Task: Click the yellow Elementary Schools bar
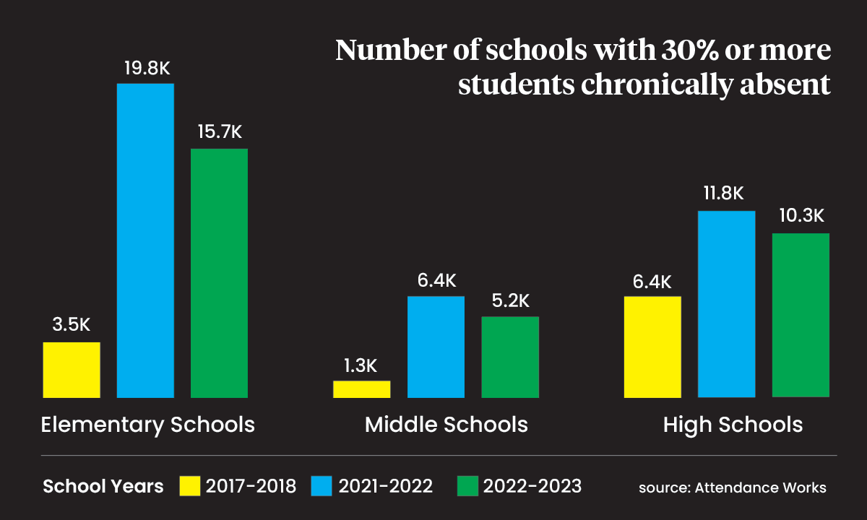point(72,370)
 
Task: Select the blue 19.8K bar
point(145,240)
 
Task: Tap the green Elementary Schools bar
point(219,273)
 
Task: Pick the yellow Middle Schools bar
point(362,389)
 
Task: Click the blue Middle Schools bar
point(436,347)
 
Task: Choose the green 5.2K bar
point(510,357)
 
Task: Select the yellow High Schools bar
point(652,347)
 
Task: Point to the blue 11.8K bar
point(727,304)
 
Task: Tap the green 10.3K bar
point(801,315)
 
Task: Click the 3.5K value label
point(72,324)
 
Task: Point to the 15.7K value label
point(220,131)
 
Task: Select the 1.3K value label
point(361,365)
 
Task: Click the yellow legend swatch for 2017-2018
point(190,486)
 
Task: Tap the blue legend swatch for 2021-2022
point(322,486)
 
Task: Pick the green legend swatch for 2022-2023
point(467,486)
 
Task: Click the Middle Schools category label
point(447,425)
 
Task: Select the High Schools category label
point(733,425)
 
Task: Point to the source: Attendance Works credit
point(733,487)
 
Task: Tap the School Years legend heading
point(103,486)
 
